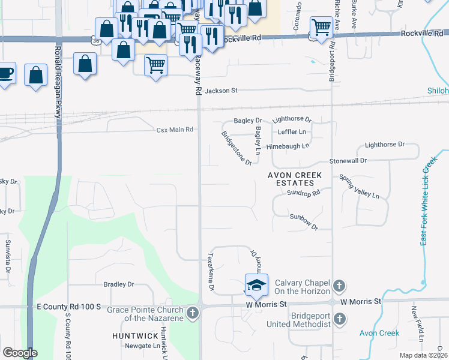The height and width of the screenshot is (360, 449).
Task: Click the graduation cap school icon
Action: click(256, 284)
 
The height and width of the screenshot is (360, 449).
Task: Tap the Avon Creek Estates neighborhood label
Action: click(295, 179)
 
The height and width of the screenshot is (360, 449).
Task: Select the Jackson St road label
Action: click(221, 91)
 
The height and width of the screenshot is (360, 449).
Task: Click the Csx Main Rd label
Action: click(175, 130)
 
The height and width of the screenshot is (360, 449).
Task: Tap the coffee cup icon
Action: click(6, 73)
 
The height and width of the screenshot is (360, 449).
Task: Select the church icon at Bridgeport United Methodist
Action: click(339, 319)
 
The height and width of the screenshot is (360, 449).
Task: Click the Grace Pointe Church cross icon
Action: click(192, 313)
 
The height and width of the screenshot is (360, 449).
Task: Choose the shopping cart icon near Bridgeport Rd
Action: click(322, 26)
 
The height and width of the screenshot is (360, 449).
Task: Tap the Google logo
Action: click(19, 353)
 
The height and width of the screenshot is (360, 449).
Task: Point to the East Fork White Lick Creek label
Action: click(427, 201)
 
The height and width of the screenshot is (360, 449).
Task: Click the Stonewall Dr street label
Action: click(348, 161)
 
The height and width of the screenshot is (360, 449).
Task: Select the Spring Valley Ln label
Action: click(360, 187)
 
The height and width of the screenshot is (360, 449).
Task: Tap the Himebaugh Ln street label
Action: click(288, 146)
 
